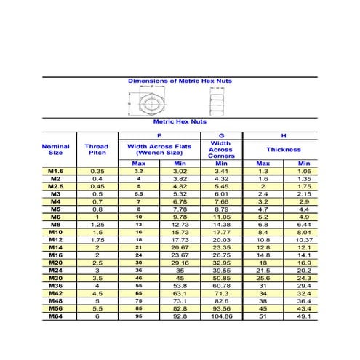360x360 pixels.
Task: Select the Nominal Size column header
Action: pyautogui.click(x=56, y=149)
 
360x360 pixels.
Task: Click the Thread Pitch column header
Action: pyautogui.click(x=97, y=149)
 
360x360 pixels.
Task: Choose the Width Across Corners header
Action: pyautogui.click(x=221, y=150)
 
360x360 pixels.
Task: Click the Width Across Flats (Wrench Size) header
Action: pyautogui.click(x=159, y=149)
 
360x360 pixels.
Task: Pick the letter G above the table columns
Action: pyautogui.click(x=221, y=136)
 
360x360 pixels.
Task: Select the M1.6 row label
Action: pyautogui.click(x=56, y=171)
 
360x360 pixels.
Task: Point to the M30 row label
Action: pyautogui.click(x=56, y=278)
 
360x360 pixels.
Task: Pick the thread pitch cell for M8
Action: pyautogui.click(x=97, y=225)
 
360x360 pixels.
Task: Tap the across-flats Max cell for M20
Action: pyautogui.click(x=139, y=263)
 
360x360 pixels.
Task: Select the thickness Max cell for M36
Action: pyautogui.click(x=263, y=285)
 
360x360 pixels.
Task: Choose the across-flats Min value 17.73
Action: pyautogui.click(x=180, y=240)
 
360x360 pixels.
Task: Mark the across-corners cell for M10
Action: pyautogui.click(x=221, y=232)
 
